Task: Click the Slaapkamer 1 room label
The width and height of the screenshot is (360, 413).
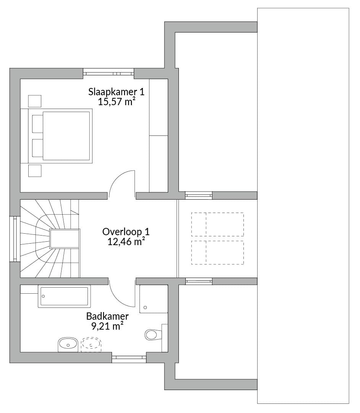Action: (116, 92)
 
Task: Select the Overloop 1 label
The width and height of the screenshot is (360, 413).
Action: (126, 232)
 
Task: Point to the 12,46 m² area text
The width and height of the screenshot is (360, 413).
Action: (126, 242)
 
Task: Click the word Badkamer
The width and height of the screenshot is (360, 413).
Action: (107, 316)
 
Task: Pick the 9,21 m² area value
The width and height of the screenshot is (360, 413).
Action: (107, 326)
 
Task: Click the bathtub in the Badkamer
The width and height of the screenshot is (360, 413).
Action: (65, 296)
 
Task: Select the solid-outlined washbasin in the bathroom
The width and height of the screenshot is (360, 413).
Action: (68, 345)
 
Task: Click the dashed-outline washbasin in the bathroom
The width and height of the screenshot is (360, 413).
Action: (91, 345)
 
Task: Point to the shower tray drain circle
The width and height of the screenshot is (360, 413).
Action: (145, 307)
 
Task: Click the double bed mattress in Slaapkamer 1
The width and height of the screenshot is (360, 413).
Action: (66, 136)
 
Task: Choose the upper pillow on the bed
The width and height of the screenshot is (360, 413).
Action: (37, 124)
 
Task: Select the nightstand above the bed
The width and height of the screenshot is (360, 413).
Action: (35, 101)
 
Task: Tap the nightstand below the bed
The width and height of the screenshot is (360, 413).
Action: (35, 171)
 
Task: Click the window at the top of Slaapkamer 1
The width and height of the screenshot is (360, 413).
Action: (109, 72)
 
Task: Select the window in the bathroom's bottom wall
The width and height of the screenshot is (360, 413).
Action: (129, 358)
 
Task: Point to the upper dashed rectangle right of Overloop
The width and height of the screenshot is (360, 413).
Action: (217, 224)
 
